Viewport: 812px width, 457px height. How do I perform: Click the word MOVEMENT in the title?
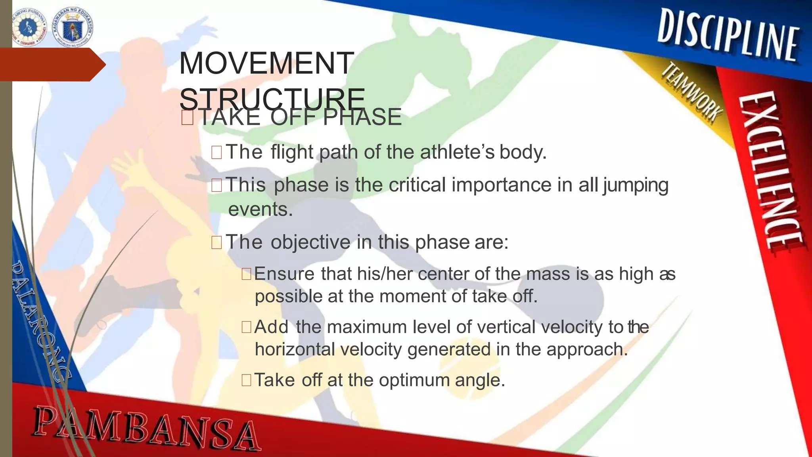(266, 63)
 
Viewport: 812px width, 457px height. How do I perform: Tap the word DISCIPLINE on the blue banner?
(728, 37)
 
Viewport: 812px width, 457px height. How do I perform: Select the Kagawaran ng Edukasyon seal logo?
(73, 27)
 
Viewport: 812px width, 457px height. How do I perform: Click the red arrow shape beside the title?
(52, 65)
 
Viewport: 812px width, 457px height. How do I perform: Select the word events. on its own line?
(260, 209)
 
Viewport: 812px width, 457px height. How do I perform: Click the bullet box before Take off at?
(246, 380)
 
